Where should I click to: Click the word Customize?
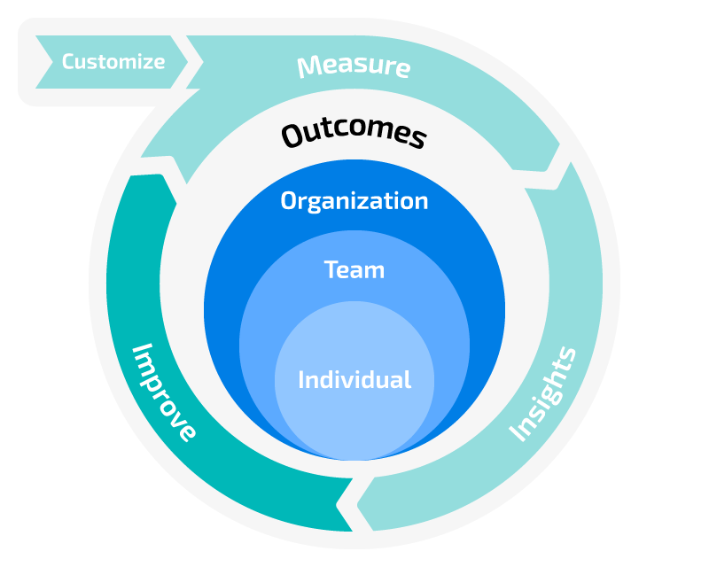(x=113, y=62)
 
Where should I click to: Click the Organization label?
(x=354, y=201)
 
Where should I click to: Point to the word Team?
(x=354, y=269)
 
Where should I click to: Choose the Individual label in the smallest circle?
(x=354, y=380)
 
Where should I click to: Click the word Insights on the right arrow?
(x=543, y=394)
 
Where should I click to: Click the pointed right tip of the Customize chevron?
(x=188, y=62)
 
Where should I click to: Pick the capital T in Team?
(x=331, y=269)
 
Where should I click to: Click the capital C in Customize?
(x=68, y=62)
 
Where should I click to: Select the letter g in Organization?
(x=316, y=203)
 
